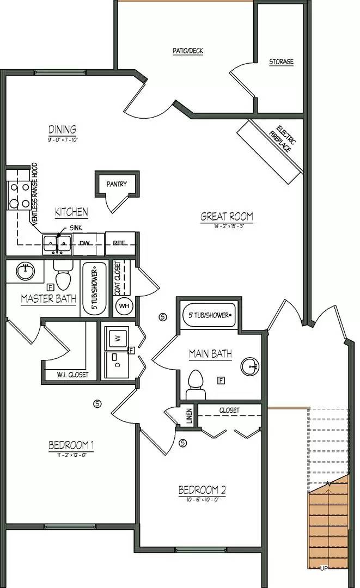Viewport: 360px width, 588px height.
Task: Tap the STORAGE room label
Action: point(281,62)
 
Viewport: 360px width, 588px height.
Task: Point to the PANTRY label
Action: point(117,184)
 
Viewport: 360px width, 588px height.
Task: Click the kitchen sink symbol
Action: point(57,243)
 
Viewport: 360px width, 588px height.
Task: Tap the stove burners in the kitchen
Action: point(18,195)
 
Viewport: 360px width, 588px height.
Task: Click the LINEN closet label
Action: point(188,416)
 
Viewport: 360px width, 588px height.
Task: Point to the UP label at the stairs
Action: point(324,568)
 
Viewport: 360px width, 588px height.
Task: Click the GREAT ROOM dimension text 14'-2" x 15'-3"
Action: point(227,225)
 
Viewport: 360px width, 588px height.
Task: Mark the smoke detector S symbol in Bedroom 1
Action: point(97,403)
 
